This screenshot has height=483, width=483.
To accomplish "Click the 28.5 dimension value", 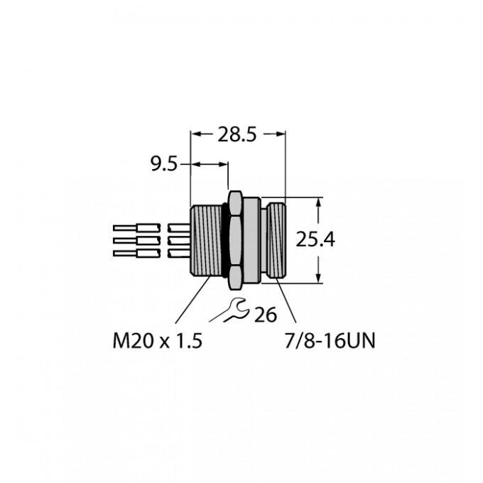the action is [x=237, y=135].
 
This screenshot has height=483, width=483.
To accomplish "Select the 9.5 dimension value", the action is [x=164, y=164].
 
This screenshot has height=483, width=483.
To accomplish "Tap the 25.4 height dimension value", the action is [x=315, y=239].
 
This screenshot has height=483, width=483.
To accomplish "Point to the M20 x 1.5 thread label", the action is [x=158, y=341].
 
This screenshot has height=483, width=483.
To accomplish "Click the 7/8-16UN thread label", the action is [x=330, y=341].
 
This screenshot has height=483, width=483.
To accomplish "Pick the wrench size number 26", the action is [x=265, y=315].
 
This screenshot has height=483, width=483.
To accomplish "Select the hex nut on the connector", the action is [x=236, y=240].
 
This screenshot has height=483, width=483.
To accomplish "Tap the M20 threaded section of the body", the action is [x=206, y=240].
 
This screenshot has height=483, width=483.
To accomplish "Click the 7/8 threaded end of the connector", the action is [x=276, y=240].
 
